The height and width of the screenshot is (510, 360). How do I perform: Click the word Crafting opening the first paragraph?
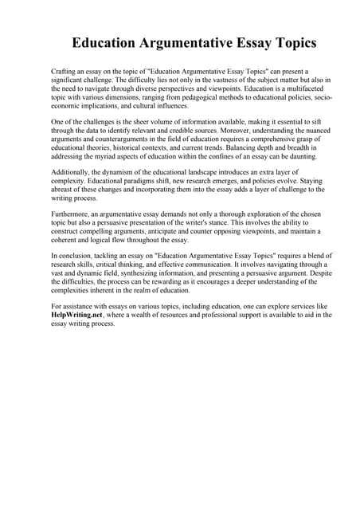click(x=64, y=71)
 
